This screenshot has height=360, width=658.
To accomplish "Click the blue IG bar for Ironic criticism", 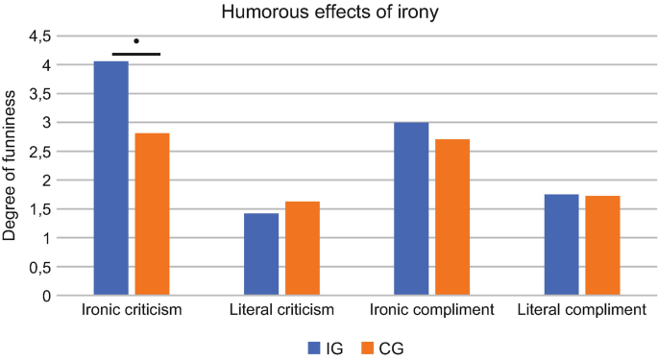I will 110,179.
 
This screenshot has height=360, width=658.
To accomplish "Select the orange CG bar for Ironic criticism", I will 152,214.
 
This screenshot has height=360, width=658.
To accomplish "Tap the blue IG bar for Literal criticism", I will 260,254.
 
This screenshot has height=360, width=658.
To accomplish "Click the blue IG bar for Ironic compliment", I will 411,209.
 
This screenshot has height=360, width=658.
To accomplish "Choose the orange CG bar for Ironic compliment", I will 452,217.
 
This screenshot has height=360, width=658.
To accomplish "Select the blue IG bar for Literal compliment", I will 561,245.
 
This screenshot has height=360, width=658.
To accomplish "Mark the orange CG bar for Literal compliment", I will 602,246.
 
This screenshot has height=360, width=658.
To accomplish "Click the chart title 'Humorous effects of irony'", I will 329,12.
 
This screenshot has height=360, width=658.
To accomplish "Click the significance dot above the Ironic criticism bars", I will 136,41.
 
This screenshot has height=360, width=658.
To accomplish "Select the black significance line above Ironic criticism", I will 136,54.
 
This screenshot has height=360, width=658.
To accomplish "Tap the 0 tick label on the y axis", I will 45,296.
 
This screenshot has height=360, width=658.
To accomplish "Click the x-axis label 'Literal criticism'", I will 281,311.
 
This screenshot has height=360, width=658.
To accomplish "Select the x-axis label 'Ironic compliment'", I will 431,311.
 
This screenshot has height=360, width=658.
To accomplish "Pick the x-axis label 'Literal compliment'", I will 581,311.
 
